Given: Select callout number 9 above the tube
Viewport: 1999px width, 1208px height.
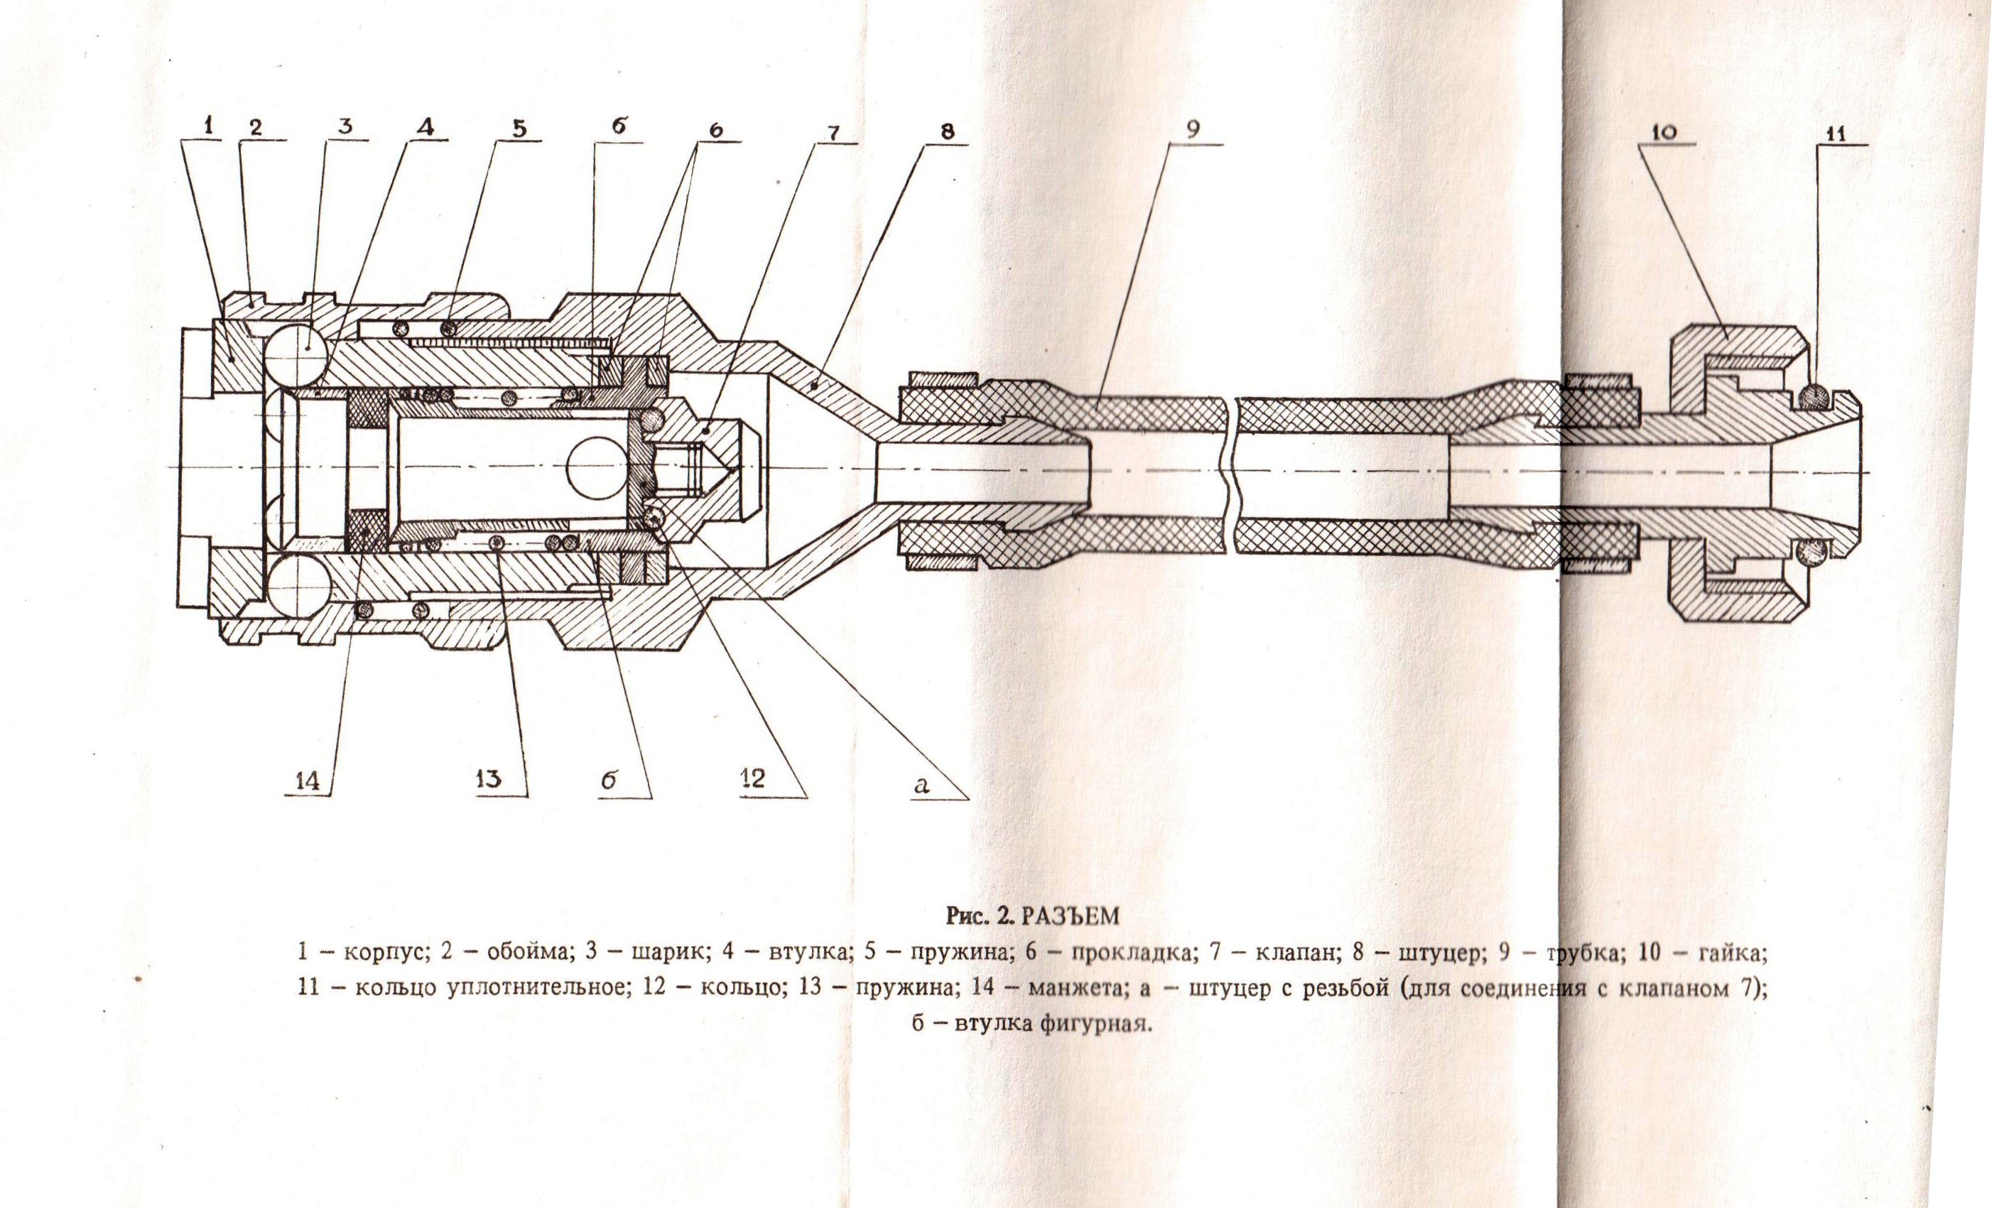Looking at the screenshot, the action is (x=1193, y=130).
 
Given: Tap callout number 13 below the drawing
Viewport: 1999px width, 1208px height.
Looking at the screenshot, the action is (x=489, y=780).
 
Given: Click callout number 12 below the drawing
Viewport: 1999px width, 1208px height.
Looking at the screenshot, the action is (x=752, y=779).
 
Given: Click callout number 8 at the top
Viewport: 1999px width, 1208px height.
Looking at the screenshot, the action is (x=948, y=131).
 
